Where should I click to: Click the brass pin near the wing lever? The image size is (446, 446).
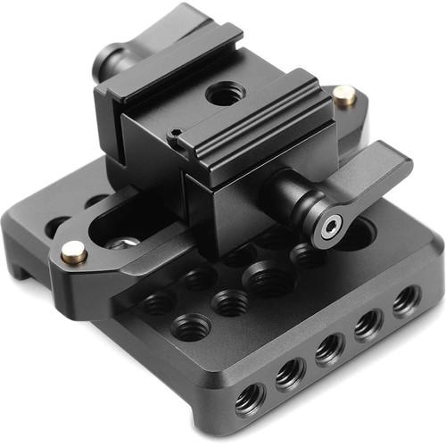coord(343,94)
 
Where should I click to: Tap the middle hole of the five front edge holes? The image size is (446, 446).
coord(329,348)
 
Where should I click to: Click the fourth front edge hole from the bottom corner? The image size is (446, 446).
coord(368,325)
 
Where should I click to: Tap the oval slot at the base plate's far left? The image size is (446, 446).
coord(56,226)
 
